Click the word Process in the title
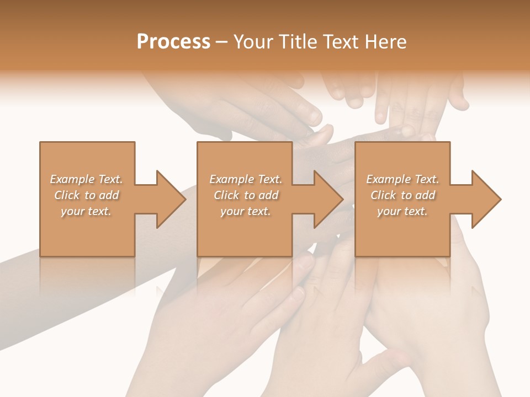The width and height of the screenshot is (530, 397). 173,42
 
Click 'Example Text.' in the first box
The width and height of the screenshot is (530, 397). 86,179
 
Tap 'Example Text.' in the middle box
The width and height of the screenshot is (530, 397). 245,179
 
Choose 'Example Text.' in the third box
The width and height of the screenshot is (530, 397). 402,179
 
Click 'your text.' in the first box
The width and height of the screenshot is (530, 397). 86,211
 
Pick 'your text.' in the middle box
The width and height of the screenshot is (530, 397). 245,211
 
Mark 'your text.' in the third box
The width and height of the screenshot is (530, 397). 402,211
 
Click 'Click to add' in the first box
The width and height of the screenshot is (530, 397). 86,195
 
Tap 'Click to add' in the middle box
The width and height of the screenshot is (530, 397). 245,195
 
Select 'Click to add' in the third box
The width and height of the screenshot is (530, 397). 402,195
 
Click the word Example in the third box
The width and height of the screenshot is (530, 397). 389,179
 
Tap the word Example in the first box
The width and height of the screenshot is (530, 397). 72,179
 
